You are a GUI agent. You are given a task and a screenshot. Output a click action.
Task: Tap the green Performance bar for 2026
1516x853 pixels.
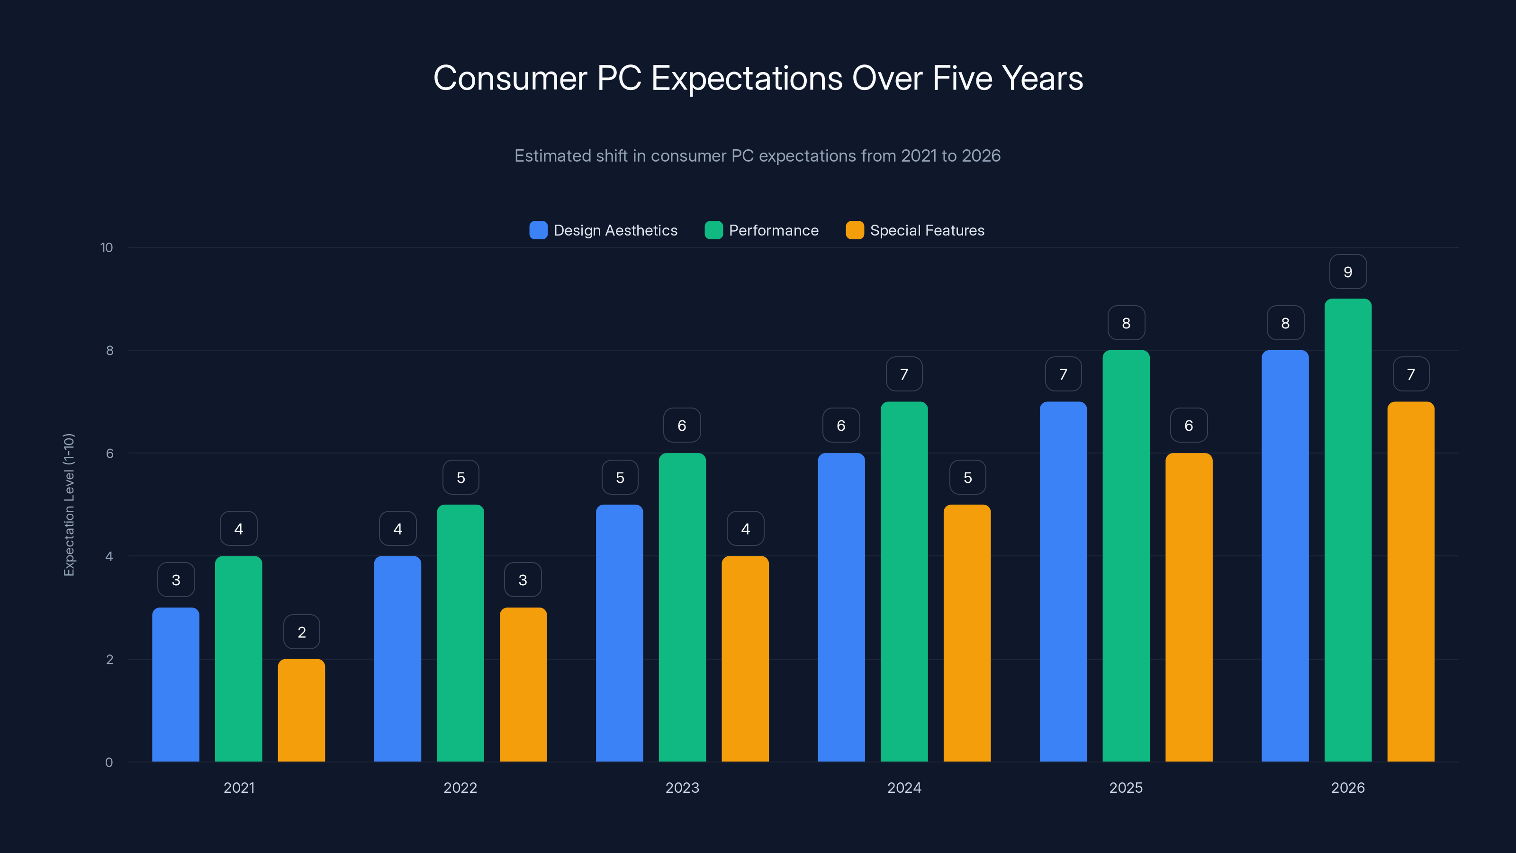[x=1348, y=530]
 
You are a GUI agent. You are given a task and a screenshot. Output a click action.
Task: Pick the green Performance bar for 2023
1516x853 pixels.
[x=682, y=607]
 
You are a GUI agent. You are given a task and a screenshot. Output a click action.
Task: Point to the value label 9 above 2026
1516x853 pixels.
[x=1348, y=272]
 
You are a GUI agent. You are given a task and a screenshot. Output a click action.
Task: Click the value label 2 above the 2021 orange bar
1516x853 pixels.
[x=301, y=632]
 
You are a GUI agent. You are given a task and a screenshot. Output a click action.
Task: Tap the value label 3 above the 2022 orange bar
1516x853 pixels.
[x=523, y=581]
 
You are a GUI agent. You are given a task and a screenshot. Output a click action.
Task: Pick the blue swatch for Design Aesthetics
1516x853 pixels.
[x=538, y=230]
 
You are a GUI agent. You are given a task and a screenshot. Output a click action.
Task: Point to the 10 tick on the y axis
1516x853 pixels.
[x=107, y=247]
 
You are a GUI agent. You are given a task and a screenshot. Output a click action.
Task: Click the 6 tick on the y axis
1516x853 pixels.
[x=109, y=454]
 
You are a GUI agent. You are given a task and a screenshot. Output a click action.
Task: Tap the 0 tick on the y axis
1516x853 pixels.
[x=109, y=762]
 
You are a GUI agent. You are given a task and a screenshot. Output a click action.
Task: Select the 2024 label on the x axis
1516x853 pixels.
[x=904, y=788]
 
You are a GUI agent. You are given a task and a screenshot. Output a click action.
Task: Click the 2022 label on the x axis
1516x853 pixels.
[x=460, y=788]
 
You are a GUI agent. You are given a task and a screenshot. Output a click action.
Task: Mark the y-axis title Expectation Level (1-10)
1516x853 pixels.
[x=69, y=505]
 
